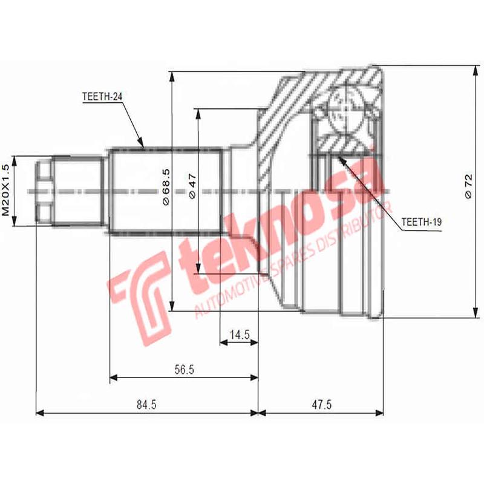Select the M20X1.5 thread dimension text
(x=7, y=190)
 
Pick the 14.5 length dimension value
(x=239, y=334)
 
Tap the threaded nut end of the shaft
(x=44, y=190)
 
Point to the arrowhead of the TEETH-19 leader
(x=341, y=159)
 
